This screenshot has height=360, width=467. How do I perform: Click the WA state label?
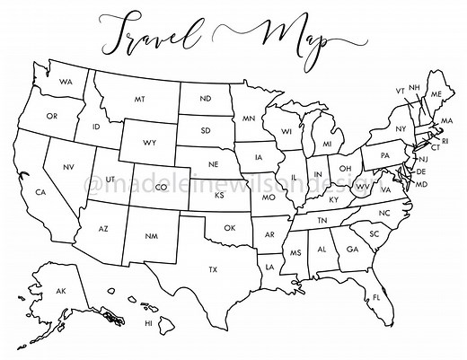pyautogui.click(x=66, y=82)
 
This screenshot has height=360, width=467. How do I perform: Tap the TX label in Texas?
pyautogui.click(x=213, y=269)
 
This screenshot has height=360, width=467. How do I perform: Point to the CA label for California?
pyautogui.click(x=40, y=192)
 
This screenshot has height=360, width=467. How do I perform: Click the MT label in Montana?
pyautogui.click(x=140, y=100)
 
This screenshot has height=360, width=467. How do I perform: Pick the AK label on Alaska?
pyautogui.click(x=61, y=292)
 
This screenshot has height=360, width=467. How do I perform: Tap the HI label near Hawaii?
pyautogui.click(x=148, y=323)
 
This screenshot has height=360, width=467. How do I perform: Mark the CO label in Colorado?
pyautogui.click(x=162, y=187)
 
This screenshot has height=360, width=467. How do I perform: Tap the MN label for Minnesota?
pyautogui.click(x=249, y=118)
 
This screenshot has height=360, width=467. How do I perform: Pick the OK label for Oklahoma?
pyautogui.click(x=230, y=228)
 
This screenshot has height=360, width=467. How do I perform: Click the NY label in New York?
pyautogui.click(x=401, y=128)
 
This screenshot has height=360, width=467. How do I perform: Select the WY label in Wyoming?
pyautogui.click(x=150, y=142)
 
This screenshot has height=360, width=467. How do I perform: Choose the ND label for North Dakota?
pyautogui.click(x=206, y=98)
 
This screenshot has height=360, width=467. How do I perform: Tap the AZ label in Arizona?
pyautogui.click(x=103, y=230)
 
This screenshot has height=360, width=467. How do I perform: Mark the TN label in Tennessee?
pyautogui.click(x=322, y=220)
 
